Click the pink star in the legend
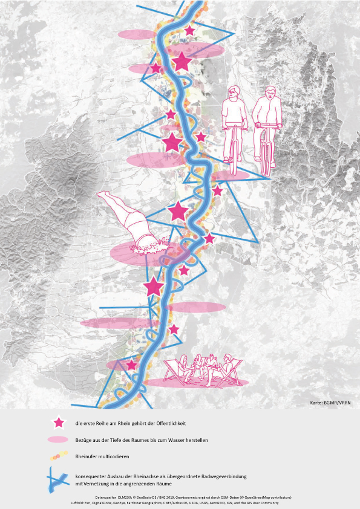59,423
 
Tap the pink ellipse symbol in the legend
58,440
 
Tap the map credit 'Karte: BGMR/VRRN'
330,402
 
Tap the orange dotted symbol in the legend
58,457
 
